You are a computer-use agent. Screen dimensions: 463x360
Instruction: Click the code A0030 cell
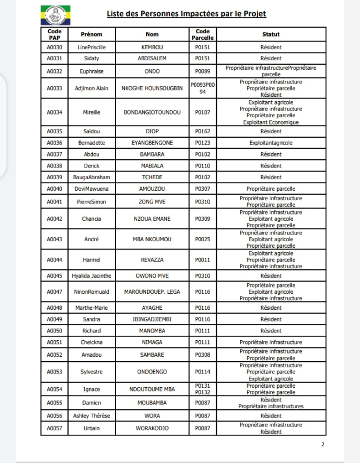tap(54, 48)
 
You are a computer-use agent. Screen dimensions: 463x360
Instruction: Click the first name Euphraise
tap(91, 71)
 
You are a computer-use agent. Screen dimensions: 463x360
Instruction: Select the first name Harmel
tap(91, 259)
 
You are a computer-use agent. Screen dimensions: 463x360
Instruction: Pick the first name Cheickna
tap(91, 342)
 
